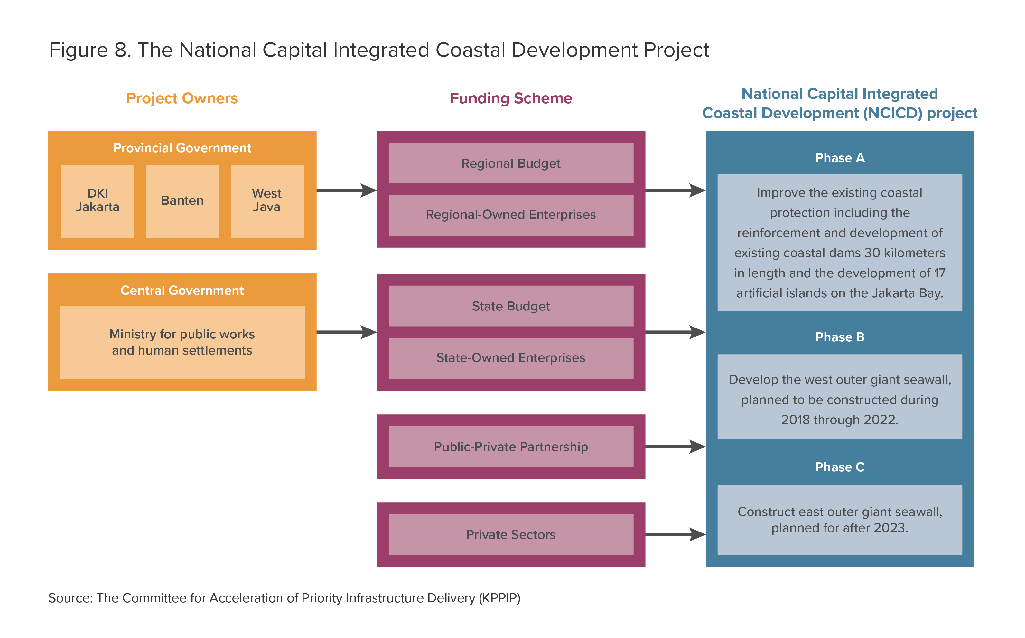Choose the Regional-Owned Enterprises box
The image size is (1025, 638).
click(x=511, y=215)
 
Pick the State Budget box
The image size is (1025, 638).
click(x=511, y=306)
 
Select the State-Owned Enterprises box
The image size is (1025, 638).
click(x=511, y=358)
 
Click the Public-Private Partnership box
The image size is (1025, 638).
click(x=511, y=447)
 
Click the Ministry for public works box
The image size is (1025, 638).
click(x=182, y=343)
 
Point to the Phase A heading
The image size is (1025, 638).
click(x=840, y=158)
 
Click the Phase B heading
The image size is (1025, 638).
click(x=840, y=337)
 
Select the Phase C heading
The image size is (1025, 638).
click(x=840, y=467)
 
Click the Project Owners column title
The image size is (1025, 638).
click(x=182, y=98)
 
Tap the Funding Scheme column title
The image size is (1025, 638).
click(x=511, y=98)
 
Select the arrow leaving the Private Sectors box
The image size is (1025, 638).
click(x=675, y=535)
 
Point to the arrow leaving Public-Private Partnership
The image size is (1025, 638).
click(x=675, y=447)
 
